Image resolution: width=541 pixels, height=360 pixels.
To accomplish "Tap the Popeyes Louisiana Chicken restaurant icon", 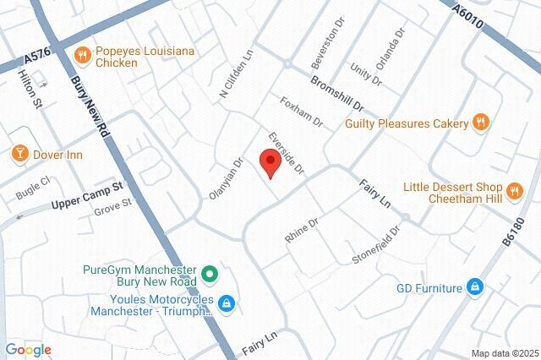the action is [x=83, y=57].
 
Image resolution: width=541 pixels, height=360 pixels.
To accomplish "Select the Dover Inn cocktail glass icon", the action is [x=19, y=154].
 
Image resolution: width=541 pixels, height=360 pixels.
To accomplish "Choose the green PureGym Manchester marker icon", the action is [x=210, y=275].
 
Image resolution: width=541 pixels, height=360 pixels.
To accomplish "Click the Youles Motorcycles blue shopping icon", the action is [x=227, y=303].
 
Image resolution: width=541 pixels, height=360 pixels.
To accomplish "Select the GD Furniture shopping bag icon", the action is [x=476, y=288].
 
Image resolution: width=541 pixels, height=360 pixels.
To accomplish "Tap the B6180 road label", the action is [x=515, y=231].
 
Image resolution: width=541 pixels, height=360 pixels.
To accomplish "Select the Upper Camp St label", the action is [x=88, y=194].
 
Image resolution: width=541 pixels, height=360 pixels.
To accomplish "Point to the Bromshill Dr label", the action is [x=336, y=95].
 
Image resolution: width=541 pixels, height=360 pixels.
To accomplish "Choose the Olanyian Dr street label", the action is [x=226, y=179].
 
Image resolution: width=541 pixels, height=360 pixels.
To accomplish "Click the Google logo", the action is [x=28, y=350].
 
